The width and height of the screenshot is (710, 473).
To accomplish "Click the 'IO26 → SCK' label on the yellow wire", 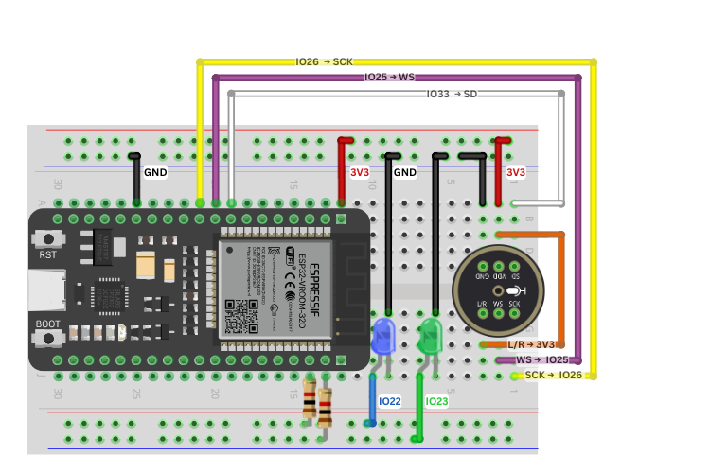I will (324, 61).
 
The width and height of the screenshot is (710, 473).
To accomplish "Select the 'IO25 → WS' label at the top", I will (389, 77).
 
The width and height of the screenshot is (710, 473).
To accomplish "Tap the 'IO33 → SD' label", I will (452, 94).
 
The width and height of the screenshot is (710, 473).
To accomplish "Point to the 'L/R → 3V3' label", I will (530, 345).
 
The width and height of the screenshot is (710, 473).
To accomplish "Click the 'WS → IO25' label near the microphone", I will (541, 360).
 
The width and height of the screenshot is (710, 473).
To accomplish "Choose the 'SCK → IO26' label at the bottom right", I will (553, 376).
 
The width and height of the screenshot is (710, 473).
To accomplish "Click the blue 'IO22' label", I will (389, 402).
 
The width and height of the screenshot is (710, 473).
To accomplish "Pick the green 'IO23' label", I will (436, 402).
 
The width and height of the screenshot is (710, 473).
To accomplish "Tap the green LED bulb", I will (431, 336).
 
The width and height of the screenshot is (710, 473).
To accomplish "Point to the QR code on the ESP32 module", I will (237, 311).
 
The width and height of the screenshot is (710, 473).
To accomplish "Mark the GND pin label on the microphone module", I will (481, 275).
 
